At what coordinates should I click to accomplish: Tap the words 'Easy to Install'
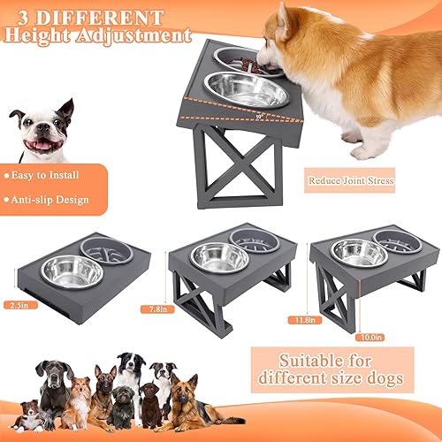click(45, 175)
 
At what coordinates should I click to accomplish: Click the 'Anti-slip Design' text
click(49, 199)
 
